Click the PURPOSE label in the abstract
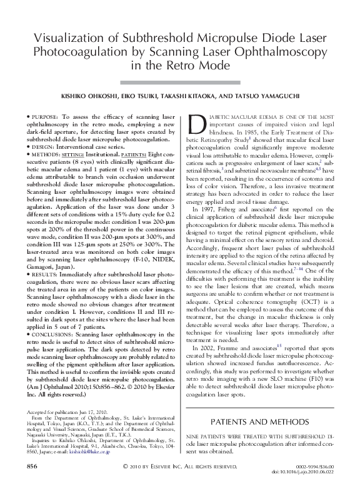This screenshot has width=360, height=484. click(46, 116)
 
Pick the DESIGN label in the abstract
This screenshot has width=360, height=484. click(44, 147)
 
